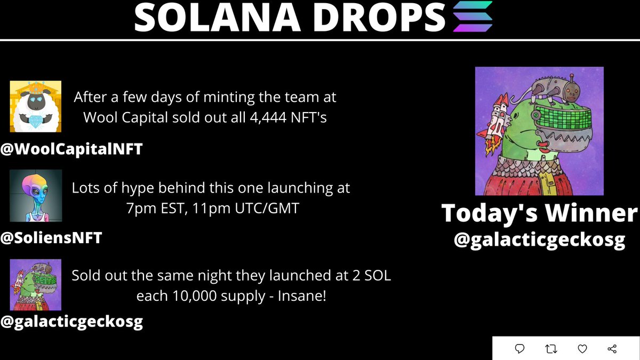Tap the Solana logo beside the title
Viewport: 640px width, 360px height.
[472, 18]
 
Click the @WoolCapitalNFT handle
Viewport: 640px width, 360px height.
[71, 149]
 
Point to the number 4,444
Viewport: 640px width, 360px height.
[259, 117]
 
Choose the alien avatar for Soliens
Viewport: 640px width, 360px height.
[36, 195]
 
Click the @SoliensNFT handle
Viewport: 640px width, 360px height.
[51, 238]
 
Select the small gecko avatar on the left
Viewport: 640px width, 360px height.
[36, 284]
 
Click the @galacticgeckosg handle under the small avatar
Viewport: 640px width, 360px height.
[71, 322]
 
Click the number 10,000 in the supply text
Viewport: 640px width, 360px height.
[190, 295]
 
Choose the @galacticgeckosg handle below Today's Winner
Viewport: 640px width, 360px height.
[539, 240]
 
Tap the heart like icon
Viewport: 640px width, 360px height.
[582, 349]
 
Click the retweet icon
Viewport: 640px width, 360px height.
[551, 349]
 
